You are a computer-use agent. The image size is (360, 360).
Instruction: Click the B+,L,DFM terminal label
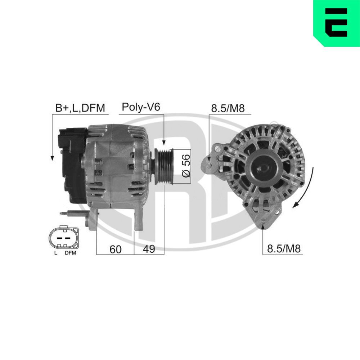click(x=80, y=108)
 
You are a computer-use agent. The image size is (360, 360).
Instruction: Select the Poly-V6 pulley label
click(x=140, y=107)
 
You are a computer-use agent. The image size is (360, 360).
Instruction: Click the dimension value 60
click(x=115, y=249)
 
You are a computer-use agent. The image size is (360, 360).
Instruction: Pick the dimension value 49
click(x=149, y=249)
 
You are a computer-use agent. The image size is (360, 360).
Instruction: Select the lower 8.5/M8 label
click(x=283, y=249)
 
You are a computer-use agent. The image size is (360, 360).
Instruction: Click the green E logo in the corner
click(x=336, y=23)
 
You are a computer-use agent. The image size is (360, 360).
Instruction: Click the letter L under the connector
click(x=55, y=253)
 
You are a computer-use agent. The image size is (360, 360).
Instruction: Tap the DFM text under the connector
click(x=70, y=253)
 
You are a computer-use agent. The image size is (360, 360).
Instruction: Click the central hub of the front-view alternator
click(x=262, y=166)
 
